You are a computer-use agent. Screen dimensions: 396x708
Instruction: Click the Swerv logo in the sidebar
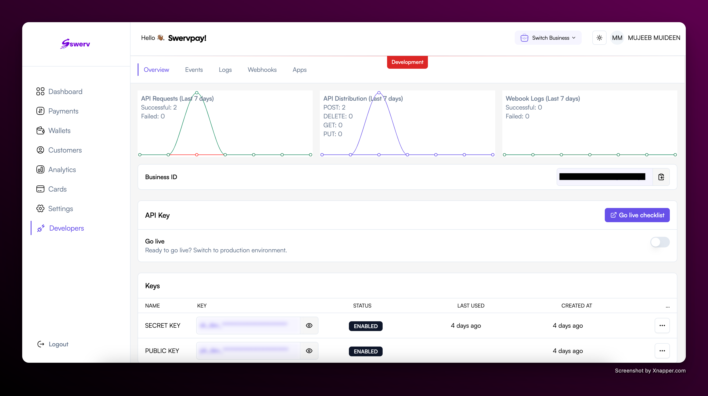click(x=75, y=44)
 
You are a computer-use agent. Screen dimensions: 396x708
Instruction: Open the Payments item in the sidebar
click(x=63, y=111)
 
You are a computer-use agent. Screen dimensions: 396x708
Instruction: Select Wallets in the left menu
click(x=59, y=130)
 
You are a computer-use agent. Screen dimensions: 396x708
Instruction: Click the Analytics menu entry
click(x=62, y=169)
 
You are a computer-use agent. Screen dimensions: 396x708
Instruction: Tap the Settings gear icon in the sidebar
click(x=40, y=208)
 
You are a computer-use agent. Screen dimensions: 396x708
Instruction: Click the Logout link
click(x=58, y=344)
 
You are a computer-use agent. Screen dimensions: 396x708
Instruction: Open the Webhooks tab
click(x=262, y=70)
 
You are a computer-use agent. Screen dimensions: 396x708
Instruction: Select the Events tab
click(x=194, y=70)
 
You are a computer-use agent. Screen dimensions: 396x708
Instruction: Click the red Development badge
click(x=407, y=62)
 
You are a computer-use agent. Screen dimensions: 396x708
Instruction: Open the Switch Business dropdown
click(x=548, y=38)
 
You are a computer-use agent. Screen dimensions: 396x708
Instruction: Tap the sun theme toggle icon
click(x=599, y=38)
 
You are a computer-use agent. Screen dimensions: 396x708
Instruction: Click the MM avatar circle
click(x=617, y=38)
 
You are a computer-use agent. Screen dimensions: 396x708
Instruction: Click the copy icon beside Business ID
click(x=661, y=177)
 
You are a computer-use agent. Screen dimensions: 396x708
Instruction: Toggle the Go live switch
click(x=660, y=242)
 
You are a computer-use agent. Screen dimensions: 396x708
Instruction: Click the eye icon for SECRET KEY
click(x=309, y=325)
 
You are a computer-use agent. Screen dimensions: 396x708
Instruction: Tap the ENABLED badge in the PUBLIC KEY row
click(x=366, y=351)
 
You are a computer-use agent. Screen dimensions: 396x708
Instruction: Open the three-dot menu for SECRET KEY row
click(x=662, y=325)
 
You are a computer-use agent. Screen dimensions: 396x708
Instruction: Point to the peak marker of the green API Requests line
click(x=197, y=93)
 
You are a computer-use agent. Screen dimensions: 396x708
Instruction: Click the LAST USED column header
click(x=471, y=306)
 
